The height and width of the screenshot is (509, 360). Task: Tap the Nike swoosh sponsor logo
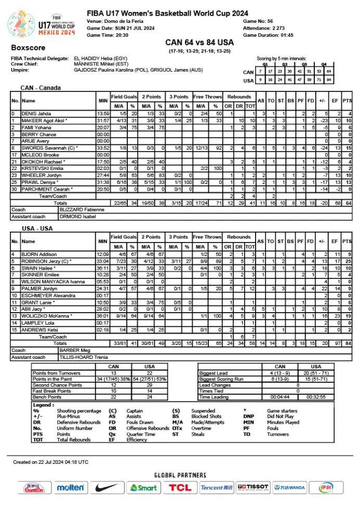[108, 487]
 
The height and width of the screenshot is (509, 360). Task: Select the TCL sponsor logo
[180, 487]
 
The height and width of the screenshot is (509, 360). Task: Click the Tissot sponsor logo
[253, 487]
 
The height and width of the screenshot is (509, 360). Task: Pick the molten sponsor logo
[70, 487]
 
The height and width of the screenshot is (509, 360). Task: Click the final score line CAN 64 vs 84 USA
[199, 42]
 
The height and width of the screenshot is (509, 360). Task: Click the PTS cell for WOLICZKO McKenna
[347, 315]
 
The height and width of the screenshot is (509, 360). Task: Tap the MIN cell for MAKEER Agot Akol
[103, 120]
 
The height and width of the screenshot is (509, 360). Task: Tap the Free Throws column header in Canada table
[207, 97]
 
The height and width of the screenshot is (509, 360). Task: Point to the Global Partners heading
[180, 475]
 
